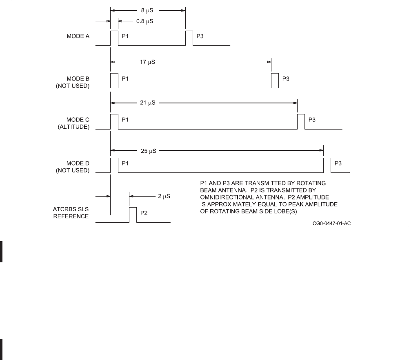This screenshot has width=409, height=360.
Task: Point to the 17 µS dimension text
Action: coord(147,63)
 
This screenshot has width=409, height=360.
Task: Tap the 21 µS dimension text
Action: coord(148,103)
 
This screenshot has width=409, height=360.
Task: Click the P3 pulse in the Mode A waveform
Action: coord(189,38)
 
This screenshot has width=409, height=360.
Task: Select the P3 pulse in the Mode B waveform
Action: coord(275,80)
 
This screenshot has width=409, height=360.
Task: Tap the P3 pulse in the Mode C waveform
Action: coord(301,121)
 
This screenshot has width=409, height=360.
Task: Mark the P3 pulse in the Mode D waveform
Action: coord(327,165)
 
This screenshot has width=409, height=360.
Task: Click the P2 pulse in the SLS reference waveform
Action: coord(133,215)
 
